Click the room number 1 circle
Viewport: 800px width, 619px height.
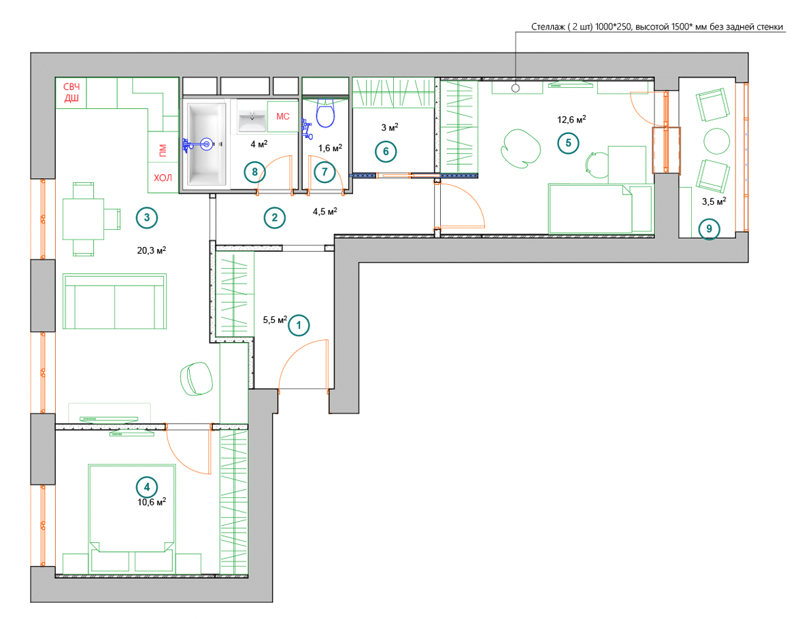click(299, 325)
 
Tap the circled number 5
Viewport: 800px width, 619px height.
click(569, 143)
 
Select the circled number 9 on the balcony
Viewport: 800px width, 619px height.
click(709, 229)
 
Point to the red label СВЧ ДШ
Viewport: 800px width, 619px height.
click(71, 93)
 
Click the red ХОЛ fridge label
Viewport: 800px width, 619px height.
click(163, 178)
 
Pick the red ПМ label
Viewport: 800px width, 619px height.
click(162, 150)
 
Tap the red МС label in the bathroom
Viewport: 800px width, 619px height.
click(283, 116)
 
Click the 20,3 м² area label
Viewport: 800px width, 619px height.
click(152, 250)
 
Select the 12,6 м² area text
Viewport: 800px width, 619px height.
click(571, 120)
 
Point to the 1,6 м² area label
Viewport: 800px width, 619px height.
click(330, 148)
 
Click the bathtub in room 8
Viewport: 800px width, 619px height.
click(207, 144)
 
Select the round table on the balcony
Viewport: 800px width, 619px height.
click(716, 140)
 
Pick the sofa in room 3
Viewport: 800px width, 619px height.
click(115, 301)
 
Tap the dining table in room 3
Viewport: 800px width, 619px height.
click(83, 219)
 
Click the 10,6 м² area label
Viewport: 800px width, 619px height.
click(152, 501)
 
